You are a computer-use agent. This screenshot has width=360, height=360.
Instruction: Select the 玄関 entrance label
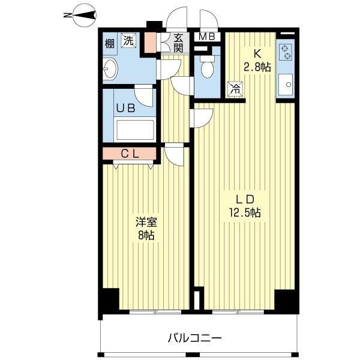point(178,43)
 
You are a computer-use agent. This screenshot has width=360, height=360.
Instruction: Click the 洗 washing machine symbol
point(128,40)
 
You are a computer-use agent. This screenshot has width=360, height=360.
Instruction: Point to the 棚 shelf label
point(110,43)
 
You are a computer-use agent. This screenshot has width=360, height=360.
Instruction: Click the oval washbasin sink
point(110,68)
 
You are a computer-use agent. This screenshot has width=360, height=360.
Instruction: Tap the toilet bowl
point(207,67)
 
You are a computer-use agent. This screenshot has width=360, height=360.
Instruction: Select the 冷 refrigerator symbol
point(235,89)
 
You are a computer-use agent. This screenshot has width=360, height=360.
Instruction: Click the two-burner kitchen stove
point(286,52)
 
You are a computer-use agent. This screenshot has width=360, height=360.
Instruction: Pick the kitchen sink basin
point(286,85)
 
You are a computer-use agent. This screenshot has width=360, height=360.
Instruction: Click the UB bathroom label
point(125,109)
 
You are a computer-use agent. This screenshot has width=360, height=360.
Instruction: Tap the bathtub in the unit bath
point(135,130)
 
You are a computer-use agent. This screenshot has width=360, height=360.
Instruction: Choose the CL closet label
point(130,154)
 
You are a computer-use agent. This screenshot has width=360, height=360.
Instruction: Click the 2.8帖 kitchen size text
point(257,67)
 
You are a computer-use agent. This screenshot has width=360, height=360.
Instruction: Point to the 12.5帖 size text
point(245,212)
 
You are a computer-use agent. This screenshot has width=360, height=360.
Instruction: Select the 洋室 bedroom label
point(146,223)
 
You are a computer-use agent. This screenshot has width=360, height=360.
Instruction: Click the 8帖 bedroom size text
point(146,235)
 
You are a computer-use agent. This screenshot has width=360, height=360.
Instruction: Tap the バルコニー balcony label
point(194,338)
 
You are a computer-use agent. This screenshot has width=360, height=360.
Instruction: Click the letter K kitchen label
point(257,54)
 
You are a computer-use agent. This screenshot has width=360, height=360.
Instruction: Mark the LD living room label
point(245,199)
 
